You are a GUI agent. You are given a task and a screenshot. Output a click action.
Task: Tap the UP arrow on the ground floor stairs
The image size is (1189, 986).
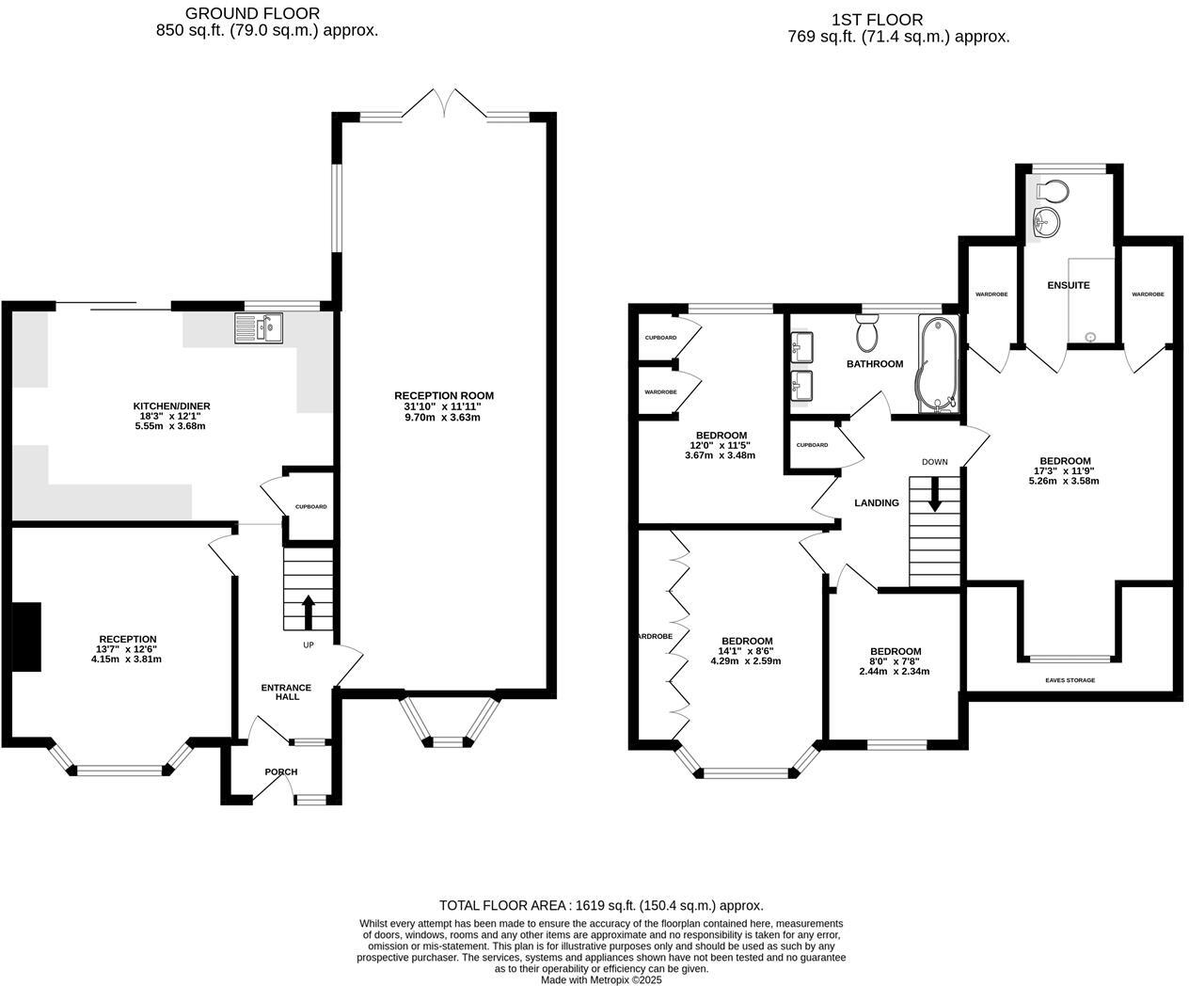tap(308, 611)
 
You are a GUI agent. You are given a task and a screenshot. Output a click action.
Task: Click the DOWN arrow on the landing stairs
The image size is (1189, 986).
tap(934, 495)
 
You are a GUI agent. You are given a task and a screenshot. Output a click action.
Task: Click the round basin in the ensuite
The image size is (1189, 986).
tap(1047, 222)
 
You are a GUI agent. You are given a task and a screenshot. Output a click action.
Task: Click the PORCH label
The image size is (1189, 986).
tap(280, 771)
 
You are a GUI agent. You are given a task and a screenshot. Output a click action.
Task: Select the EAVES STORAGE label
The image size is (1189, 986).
tap(1070, 679)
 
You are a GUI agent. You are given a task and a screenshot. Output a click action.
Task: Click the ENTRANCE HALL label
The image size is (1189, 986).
tap(286, 692)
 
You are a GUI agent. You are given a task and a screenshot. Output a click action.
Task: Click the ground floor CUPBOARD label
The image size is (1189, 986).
tap(310, 507)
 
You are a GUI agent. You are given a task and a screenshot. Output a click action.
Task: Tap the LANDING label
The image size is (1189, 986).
tap(876, 502)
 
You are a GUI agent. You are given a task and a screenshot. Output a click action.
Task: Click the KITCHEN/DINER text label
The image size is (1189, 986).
tap(171, 406)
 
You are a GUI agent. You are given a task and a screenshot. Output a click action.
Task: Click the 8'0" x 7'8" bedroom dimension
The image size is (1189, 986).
tap(895, 661)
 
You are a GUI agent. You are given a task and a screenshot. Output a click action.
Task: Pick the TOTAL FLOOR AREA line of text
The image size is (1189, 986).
tap(601, 905)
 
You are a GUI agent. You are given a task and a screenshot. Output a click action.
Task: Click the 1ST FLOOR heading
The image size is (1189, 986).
tap(864, 19)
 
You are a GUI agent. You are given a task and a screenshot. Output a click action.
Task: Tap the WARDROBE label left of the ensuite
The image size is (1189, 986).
tap(991, 294)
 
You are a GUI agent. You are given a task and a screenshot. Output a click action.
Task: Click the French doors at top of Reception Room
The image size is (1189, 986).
tap(443, 102)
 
